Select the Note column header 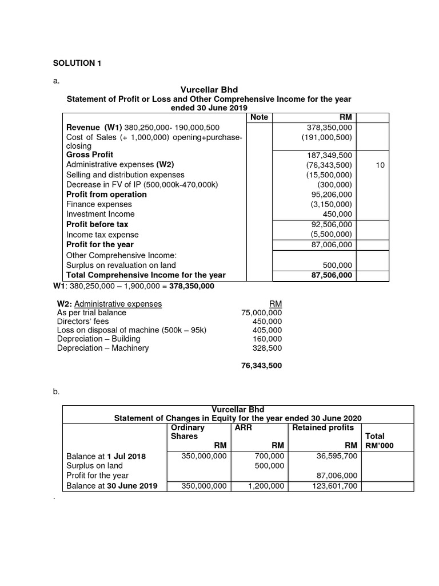click(259, 117)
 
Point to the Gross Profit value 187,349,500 click(329, 155)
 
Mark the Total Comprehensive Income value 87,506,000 click(330, 275)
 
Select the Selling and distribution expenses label click(125, 175)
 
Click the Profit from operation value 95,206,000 click(331, 195)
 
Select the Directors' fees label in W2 click(85, 322)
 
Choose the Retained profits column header click(323, 427)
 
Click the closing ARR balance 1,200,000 click(268, 486)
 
